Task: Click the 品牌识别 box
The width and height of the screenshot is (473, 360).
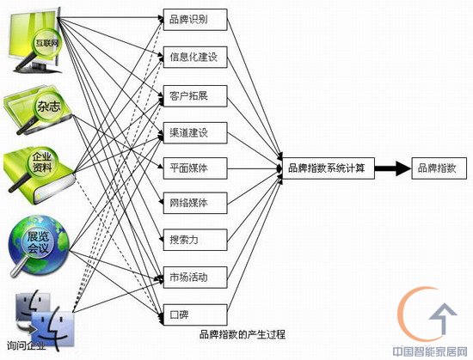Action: tap(195, 20)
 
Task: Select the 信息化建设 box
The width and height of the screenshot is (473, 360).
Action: tap(195, 57)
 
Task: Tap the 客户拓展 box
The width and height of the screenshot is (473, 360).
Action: tap(195, 95)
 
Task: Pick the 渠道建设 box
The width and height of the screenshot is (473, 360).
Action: tap(195, 132)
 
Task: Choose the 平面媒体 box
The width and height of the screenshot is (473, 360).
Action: tap(195, 168)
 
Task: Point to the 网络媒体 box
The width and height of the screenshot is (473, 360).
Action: tap(195, 203)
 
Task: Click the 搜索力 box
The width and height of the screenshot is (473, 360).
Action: tap(195, 240)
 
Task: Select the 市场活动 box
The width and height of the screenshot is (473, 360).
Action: tap(195, 278)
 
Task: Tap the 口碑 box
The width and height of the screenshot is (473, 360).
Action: tap(195, 314)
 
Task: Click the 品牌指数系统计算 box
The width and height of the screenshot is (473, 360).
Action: tap(329, 168)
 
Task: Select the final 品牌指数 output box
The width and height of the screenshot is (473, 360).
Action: tap(439, 168)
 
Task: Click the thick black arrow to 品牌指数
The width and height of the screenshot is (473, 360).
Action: tap(393, 168)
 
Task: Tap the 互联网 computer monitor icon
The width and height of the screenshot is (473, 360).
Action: tap(35, 40)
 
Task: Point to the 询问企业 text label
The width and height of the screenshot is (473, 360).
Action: tap(27, 345)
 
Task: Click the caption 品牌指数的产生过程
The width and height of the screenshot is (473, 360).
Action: tap(243, 334)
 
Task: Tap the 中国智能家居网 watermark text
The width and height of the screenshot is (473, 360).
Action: tap(430, 351)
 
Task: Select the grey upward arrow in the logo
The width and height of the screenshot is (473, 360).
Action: tap(443, 318)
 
